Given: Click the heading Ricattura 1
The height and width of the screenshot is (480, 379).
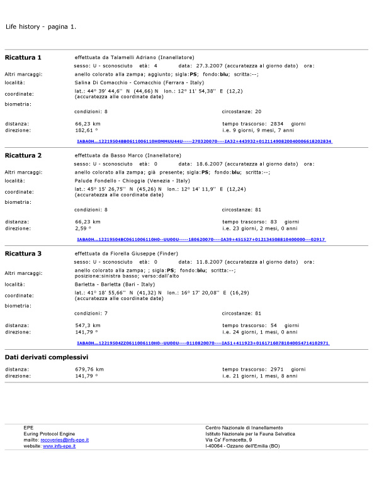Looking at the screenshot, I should pyautogui.click(x=23, y=58).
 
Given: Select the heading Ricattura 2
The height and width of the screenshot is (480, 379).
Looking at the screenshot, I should pyautogui.click(x=23, y=155).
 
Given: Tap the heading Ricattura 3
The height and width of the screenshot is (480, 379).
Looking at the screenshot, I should pyautogui.click(x=23, y=254).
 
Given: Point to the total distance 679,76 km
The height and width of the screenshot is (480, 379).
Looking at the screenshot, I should pyautogui.click(x=89, y=369).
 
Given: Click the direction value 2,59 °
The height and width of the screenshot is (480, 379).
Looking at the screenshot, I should pyautogui.click(x=84, y=228).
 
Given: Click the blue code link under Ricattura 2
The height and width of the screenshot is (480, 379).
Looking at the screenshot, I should pyautogui.click(x=200, y=240).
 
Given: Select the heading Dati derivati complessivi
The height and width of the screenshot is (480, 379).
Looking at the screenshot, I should pyautogui.click(x=47, y=357).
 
